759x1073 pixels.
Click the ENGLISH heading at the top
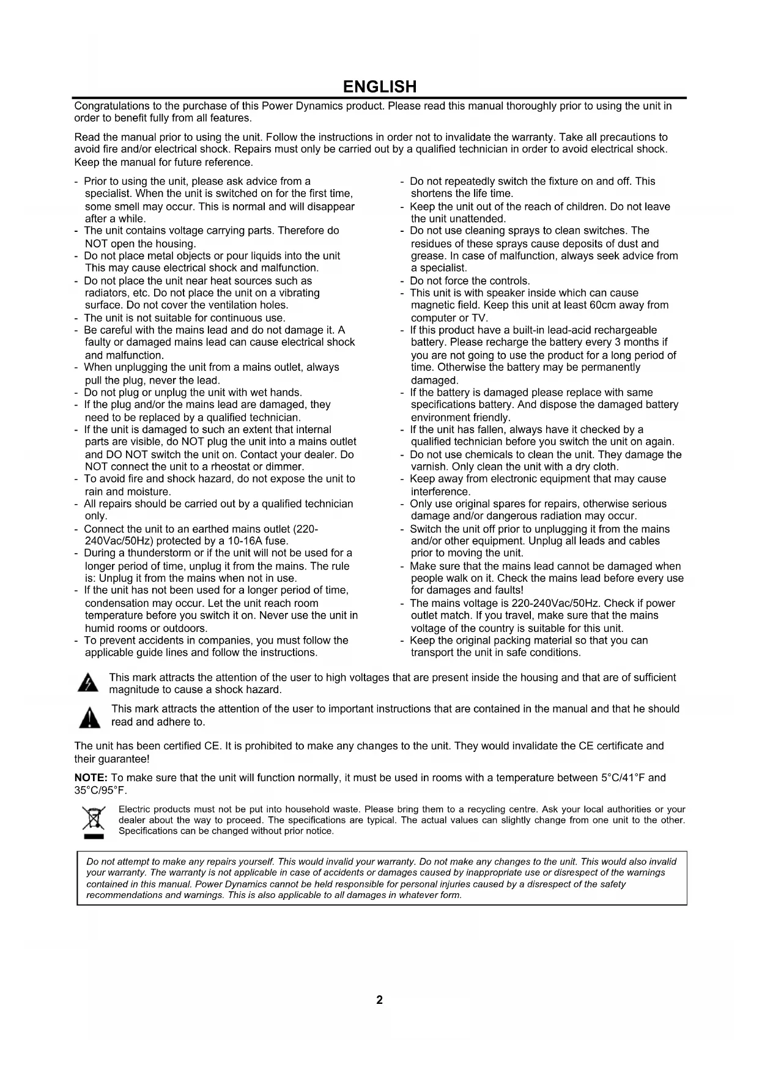pos(379,86)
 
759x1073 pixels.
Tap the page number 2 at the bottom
pos(379,1000)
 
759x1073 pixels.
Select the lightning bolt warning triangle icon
pos(89,683)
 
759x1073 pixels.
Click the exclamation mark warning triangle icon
pos(90,717)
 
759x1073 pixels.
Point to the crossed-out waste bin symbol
pos(94,820)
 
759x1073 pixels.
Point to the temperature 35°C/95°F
pos(100,790)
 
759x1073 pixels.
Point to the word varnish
pos(429,467)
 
